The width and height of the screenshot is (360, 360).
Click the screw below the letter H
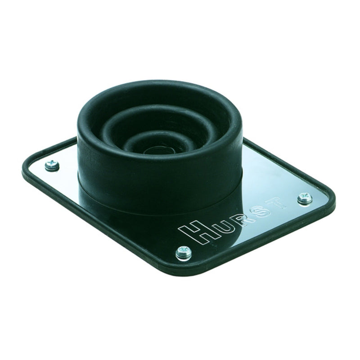point(184,252)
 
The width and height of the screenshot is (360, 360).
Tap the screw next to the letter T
point(304,197)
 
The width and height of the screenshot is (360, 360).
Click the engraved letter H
point(194,233)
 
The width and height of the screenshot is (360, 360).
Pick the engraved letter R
point(243,218)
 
